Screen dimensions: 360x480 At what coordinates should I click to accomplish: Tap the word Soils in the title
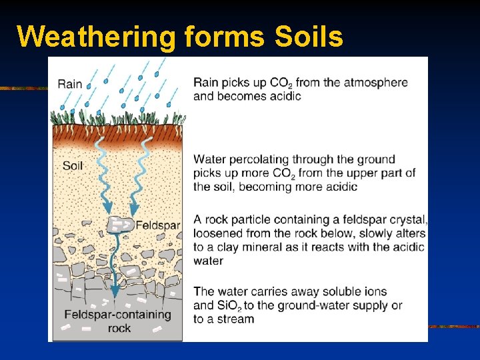pyautogui.click(x=308, y=37)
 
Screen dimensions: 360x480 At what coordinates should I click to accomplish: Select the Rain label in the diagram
pyautogui.click(x=70, y=84)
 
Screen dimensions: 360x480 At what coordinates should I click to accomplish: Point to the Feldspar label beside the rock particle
pyautogui.click(x=158, y=225)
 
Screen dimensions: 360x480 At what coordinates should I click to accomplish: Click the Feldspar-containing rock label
pyautogui.click(x=117, y=321)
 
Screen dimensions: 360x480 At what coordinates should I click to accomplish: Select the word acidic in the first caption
pyautogui.click(x=284, y=96)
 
